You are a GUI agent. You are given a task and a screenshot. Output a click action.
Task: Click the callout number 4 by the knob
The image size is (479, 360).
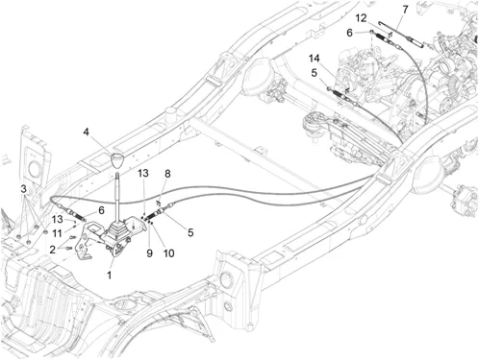click(86, 132)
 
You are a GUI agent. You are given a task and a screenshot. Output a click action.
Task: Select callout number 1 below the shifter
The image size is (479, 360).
click(110, 275)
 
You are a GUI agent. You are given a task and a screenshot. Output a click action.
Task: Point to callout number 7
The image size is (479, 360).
click(405, 10)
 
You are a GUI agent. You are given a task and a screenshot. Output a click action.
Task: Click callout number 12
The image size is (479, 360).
click(361, 18)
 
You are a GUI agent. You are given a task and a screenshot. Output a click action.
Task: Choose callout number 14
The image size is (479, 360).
click(315, 59)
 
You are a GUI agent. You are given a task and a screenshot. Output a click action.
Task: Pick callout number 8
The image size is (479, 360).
click(167, 174)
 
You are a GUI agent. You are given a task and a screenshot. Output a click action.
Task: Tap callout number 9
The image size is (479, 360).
click(149, 253)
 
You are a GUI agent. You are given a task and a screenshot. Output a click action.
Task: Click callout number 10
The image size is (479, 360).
click(168, 253)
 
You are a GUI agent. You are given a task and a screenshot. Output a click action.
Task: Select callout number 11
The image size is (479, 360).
click(57, 233)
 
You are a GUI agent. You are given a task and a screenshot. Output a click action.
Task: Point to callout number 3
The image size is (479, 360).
click(23, 189)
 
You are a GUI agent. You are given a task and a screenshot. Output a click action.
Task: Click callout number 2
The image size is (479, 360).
click(53, 250)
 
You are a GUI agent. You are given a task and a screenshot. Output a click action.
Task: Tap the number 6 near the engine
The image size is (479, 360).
click(349, 33)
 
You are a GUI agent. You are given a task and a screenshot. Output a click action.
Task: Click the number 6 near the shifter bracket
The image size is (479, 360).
click(101, 210)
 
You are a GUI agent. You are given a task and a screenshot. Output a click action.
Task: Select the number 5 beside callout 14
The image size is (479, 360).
click(314, 73)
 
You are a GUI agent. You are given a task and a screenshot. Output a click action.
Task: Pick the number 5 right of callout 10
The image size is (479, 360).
click(190, 232)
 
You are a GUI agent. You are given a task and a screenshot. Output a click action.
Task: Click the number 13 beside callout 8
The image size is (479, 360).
click(143, 173)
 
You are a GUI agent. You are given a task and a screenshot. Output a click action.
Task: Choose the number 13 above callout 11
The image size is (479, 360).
click(58, 219)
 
